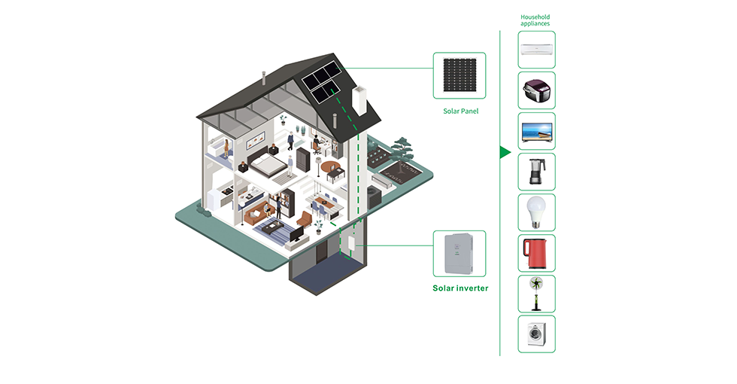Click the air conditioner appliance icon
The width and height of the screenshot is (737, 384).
[x=536, y=50]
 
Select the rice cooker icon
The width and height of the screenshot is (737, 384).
[x=536, y=91]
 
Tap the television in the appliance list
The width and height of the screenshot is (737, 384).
[x=536, y=131]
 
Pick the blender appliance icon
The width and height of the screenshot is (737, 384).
[x=536, y=172]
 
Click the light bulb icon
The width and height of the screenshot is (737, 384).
[x=536, y=212]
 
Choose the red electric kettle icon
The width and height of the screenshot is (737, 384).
[x=536, y=253]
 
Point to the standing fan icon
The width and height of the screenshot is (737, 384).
[x=536, y=294]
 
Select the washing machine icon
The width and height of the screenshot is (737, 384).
[x=536, y=334]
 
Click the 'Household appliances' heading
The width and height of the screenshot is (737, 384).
[x=535, y=20]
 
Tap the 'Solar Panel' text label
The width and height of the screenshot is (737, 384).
[x=460, y=111]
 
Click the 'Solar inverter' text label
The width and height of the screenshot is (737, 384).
[x=460, y=288]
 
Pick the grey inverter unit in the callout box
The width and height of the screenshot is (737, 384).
[x=459, y=254]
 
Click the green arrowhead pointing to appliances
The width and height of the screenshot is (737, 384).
[x=505, y=153]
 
